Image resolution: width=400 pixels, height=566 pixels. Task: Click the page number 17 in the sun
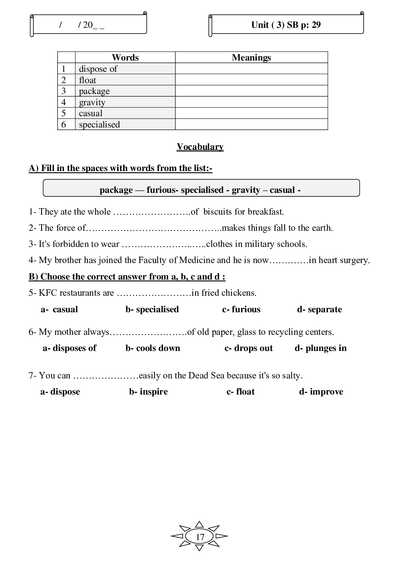[x=200, y=537]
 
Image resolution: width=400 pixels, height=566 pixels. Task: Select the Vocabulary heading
[x=200, y=147]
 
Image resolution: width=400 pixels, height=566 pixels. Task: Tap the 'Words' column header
[x=125, y=57]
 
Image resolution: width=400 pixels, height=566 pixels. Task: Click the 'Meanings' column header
[x=251, y=57]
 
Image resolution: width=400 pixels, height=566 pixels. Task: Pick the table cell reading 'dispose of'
[x=98, y=69]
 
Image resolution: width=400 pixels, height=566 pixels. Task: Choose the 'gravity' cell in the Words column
[x=92, y=102]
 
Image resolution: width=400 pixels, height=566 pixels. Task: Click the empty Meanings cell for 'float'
[x=251, y=80]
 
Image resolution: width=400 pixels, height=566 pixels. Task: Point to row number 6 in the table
[x=64, y=124]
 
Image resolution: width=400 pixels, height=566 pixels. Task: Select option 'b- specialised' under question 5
[x=152, y=309]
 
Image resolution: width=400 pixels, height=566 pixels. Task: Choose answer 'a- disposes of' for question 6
[x=69, y=348]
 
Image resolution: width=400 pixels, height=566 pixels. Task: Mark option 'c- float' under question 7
[x=240, y=392]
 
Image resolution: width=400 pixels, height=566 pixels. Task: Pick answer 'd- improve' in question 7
[x=321, y=392]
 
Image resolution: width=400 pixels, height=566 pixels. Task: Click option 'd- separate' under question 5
[x=319, y=309]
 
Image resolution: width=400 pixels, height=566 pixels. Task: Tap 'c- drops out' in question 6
[x=248, y=348]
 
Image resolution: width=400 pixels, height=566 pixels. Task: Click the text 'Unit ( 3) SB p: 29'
[x=286, y=25]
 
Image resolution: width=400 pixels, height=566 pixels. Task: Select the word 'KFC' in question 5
[x=47, y=293]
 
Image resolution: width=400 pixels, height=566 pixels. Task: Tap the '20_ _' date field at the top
[x=94, y=25]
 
